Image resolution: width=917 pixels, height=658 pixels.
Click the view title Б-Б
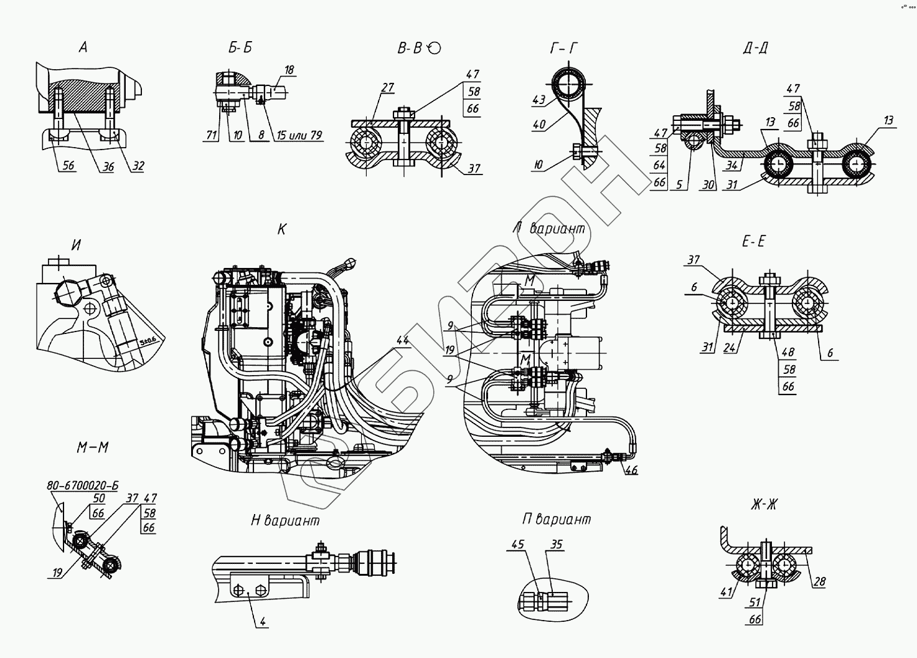click(240, 48)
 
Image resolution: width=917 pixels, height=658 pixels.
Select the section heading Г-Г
click(565, 48)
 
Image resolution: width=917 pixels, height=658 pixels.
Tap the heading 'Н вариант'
click(285, 520)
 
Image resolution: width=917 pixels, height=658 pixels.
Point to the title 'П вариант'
click(557, 519)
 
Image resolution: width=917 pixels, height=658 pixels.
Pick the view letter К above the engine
click(281, 230)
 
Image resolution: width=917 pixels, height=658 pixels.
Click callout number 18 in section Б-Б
click(289, 70)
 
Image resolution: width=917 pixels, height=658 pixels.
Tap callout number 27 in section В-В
click(387, 88)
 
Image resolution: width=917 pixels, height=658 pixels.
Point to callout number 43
click(538, 100)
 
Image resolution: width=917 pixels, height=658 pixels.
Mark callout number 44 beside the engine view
click(403, 340)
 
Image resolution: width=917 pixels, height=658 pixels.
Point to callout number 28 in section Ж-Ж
click(819, 582)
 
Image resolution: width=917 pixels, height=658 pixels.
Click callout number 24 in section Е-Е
click(731, 348)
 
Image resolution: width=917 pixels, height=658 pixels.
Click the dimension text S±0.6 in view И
click(148, 340)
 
